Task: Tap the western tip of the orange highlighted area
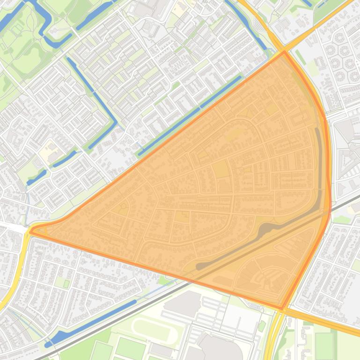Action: point(31,230)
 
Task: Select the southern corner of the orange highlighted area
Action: point(283,309)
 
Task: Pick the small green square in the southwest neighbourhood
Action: point(66,283)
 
